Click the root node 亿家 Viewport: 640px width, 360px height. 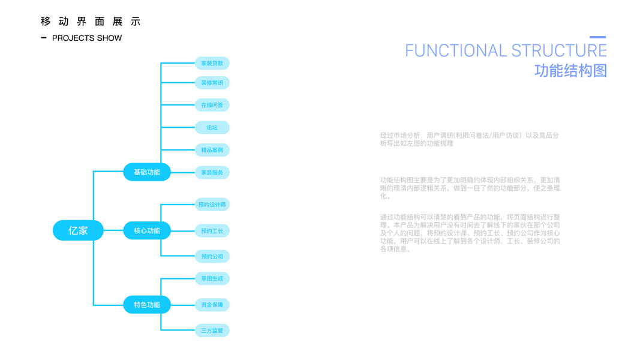point(78,230)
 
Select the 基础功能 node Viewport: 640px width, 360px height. point(147,172)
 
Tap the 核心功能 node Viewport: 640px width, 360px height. point(147,230)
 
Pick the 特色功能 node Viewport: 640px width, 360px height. point(147,305)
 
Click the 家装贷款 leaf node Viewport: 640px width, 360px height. point(212,63)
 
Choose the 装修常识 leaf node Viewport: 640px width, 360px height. point(212,83)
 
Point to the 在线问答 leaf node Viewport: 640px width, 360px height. point(212,105)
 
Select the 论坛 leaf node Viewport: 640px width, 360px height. point(212,127)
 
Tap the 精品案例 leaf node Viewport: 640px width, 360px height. point(212,149)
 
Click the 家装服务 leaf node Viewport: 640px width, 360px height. point(212,173)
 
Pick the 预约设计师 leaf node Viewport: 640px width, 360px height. point(212,205)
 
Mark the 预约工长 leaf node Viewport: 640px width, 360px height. point(212,231)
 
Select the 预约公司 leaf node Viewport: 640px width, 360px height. point(212,256)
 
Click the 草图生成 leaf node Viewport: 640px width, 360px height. point(212,278)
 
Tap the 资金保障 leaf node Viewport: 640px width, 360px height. point(212,305)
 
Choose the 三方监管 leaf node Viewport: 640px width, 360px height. point(212,331)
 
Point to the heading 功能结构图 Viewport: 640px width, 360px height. point(570,71)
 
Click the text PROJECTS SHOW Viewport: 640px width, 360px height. point(87,38)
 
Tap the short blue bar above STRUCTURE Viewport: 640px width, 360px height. point(597,37)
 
